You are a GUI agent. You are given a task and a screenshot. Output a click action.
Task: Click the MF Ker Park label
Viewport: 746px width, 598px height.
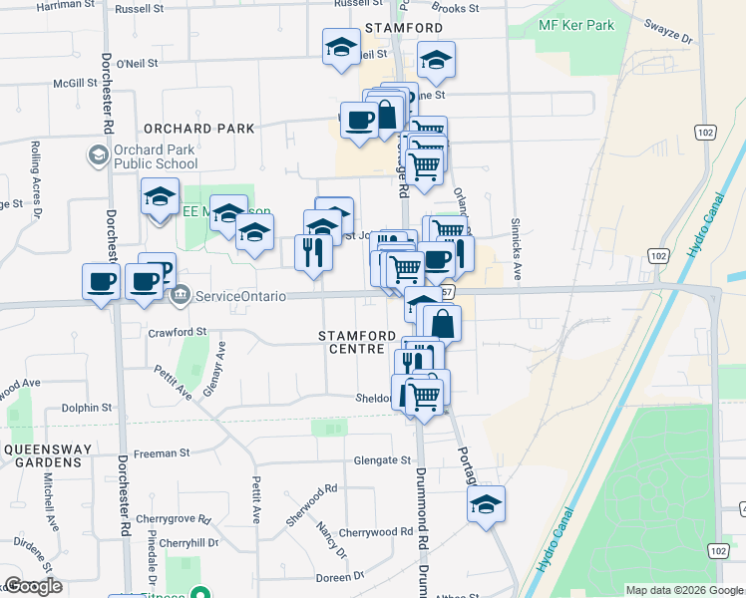coord(576,25)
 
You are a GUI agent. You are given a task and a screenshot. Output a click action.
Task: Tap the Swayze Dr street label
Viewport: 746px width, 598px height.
coord(668,31)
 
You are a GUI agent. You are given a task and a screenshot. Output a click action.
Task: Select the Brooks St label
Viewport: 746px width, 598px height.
coord(457,8)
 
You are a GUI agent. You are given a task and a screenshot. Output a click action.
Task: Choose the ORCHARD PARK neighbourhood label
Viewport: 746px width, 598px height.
coord(198,129)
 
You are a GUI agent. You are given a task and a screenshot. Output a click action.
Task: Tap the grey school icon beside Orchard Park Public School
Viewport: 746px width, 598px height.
coord(99,155)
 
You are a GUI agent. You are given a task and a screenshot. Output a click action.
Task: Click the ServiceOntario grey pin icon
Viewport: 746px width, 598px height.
coord(181,295)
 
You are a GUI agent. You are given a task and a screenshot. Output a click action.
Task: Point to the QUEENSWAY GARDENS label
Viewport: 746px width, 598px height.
coord(42,455)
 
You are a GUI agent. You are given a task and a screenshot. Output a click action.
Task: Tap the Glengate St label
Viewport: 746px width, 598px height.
coord(383,460)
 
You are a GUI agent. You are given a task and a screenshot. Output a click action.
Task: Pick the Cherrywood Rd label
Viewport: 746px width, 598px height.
coord(375,532)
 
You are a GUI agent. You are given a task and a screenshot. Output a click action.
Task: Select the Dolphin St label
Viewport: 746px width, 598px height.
coord(86,408)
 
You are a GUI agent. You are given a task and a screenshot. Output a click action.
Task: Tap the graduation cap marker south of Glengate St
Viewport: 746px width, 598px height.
coord(486,505)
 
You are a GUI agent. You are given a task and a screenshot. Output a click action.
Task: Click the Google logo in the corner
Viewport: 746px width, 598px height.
coord(33,586)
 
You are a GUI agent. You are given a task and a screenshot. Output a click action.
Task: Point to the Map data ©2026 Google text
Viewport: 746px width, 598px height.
coord(682,590)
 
